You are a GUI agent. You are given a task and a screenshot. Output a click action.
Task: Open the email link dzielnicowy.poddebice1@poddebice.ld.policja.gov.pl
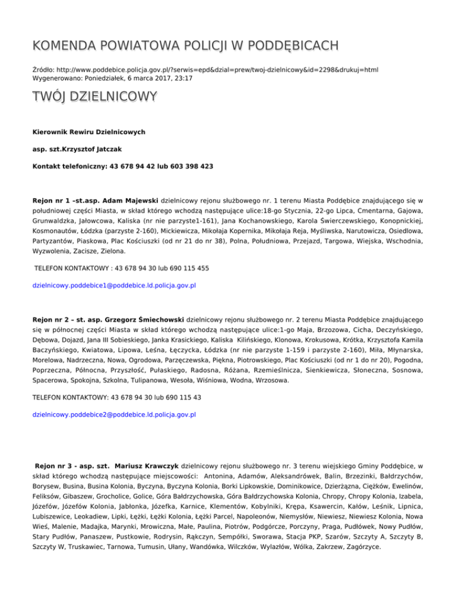pos(113,286)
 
